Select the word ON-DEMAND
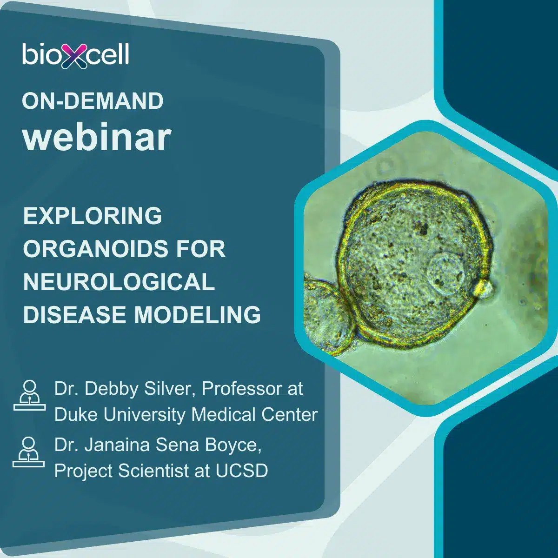[93, 101]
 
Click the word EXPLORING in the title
[93, 216]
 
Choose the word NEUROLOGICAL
[119, 281]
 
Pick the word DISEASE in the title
[74, 314]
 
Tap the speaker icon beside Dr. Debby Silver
[30, 395]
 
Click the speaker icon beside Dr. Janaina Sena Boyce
[29, 452]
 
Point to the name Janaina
[117, 445]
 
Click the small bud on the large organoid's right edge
[483, 288]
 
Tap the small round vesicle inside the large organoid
[446, 273]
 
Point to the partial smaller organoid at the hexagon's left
[327, 314]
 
